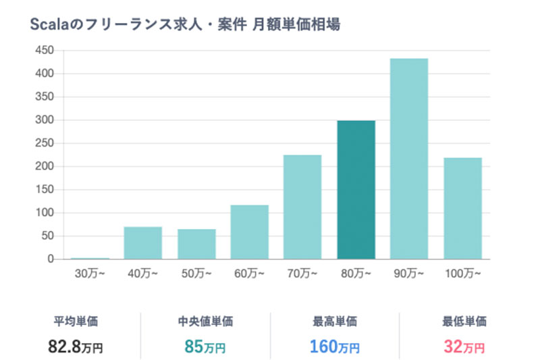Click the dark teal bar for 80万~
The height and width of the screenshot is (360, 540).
(356, 190)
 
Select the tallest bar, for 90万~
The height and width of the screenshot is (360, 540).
(409, 159)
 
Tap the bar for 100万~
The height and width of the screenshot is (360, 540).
(462, 208)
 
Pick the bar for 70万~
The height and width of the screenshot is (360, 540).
(302, 207)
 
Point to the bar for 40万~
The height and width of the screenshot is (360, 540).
(142, 242)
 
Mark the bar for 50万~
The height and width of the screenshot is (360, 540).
(196, 244)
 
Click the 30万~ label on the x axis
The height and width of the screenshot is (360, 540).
(90, 274)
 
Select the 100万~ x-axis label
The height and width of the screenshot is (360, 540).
(462, 274)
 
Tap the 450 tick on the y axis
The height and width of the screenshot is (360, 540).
(45, 51)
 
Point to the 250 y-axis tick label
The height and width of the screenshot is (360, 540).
(45, 143)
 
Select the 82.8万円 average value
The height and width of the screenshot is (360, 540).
(76, 347)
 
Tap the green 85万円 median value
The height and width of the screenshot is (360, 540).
(205, 347)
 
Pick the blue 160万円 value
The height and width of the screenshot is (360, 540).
(335, 347)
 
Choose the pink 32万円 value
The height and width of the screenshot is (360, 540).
(464, 347)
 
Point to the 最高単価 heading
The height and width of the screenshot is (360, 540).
(335, 322)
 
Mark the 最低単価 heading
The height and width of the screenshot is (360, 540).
(464, 322)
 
